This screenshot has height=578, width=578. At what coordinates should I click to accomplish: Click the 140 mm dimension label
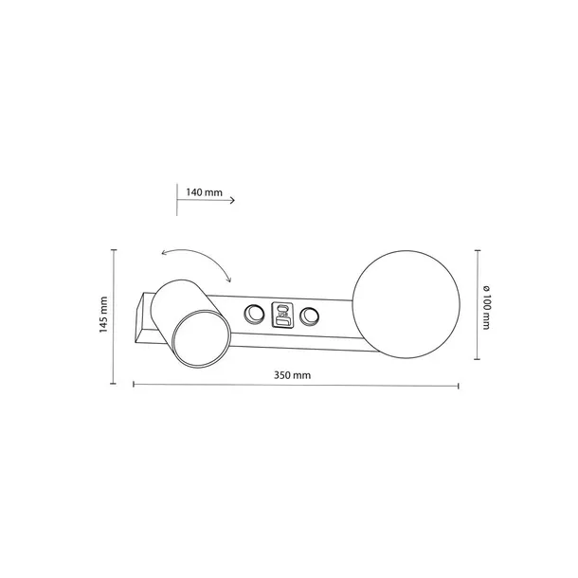(x=205, y=192)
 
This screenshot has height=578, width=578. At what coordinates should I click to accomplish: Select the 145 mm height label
(x=104, y=316)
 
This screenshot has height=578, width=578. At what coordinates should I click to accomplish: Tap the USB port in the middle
(x=282, y=315)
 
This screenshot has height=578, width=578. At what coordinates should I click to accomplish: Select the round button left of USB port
(x=254, y=315)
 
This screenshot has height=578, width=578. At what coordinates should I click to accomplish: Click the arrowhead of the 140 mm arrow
(x=232, y=200)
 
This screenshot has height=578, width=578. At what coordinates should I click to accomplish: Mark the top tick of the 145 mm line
(x=114, y=251)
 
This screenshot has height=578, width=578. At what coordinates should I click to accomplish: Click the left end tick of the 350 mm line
(x=133, y=386)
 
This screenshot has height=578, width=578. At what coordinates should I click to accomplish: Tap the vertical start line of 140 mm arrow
(x=178, y=200)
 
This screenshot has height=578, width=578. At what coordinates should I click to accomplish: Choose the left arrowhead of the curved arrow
(x=163, y=254)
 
